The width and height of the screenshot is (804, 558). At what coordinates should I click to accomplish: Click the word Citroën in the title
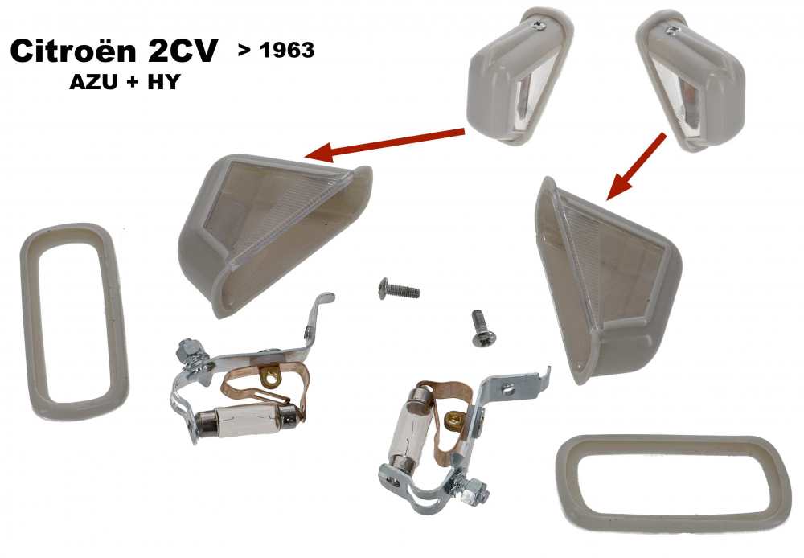click(x=73, y=54)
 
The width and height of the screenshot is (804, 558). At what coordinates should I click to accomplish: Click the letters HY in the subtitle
click(x=158, y=83)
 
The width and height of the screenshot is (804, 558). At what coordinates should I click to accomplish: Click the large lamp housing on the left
click(x=273, y=229)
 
